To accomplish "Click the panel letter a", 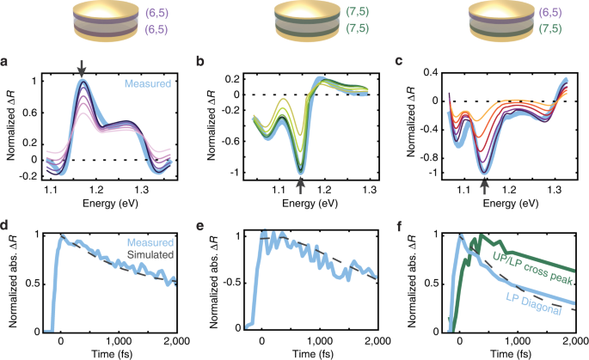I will pos(6,62).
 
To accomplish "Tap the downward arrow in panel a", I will pos(81,68).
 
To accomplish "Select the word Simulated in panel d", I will pos(145,256).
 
